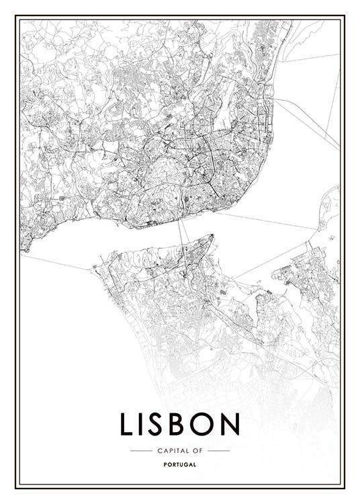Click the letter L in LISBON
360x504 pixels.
[127, 424]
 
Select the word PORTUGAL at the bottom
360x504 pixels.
[180, 464]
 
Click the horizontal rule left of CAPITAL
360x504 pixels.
[140, 450]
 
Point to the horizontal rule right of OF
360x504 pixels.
[218, 450]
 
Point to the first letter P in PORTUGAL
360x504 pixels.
[165, 464]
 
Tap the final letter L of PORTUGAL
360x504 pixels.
[195, 464]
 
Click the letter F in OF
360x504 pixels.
[201, 450]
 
